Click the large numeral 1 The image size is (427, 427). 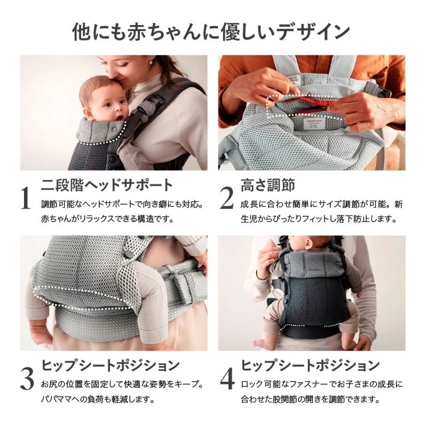pyautogui.click(x=25, y=198)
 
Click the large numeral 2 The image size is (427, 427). pyautogui.click(x=227, y=198)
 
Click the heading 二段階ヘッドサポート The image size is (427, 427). pyautogui.click(x=107, y=185)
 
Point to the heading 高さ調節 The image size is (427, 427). pyautogui.click(x=268, y=185)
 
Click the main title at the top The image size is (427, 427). pyautogui.click(x=213, y=31)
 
